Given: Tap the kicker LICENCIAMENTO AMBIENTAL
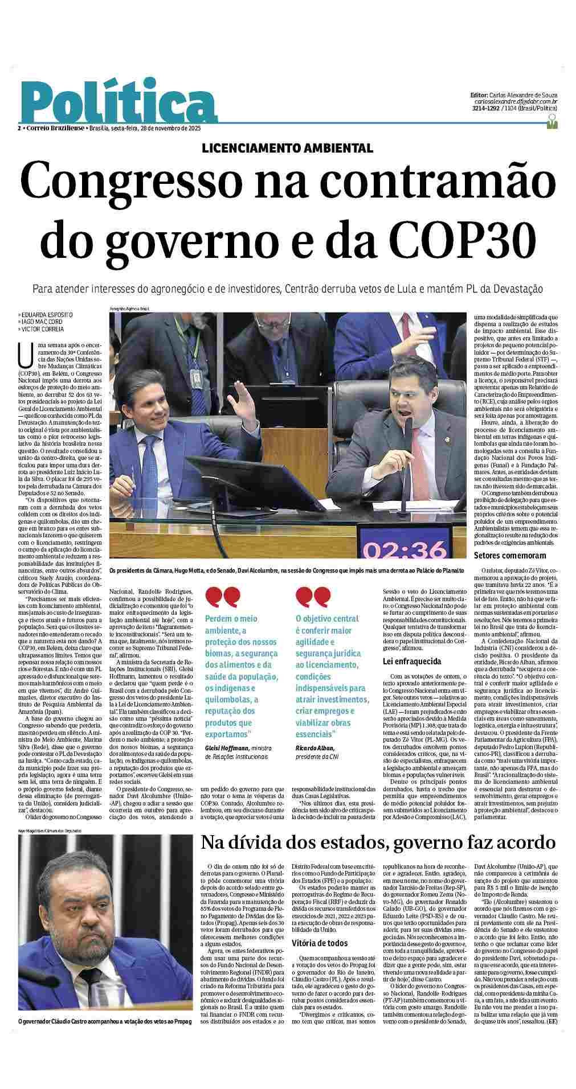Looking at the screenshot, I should point(288,148).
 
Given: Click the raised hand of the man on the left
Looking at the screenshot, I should point(244,400).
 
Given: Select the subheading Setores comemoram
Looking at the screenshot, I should point(509,556).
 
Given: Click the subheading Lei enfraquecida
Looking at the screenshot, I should point(411,661).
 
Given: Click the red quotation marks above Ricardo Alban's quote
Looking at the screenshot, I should point(313,597).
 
